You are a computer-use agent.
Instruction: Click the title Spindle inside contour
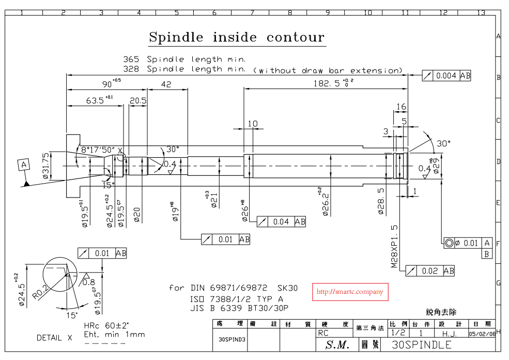coord(237,37)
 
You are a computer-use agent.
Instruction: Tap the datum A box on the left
coord(24,165)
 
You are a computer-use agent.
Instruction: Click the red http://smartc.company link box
coord(350,292)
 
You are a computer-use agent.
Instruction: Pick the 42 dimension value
coord(166,84)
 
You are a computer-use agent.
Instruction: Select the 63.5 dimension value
coord(98,100)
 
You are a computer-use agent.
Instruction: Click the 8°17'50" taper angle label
coord(98,149)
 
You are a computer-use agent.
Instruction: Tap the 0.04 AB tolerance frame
coord(281,221)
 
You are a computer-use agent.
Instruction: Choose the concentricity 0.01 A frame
coord(468,243)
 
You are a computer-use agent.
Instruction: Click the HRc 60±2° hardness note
coord(106,326)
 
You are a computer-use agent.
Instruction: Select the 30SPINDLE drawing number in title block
coord(422,344)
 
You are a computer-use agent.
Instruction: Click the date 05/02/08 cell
coord(482,334)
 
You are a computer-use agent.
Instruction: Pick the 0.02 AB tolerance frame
coord(430,271)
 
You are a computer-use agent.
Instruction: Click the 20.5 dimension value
coord(138,101)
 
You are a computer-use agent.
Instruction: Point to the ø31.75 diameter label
coord(46,166)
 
